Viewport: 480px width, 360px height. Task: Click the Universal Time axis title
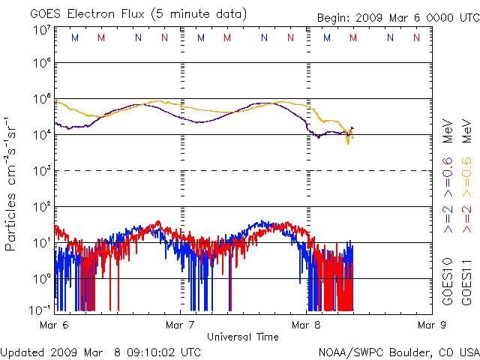[x=242, y=337]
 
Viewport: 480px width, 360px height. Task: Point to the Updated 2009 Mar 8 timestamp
[x=101, y=352]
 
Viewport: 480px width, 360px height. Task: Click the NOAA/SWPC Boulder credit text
[x=398, y=352]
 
